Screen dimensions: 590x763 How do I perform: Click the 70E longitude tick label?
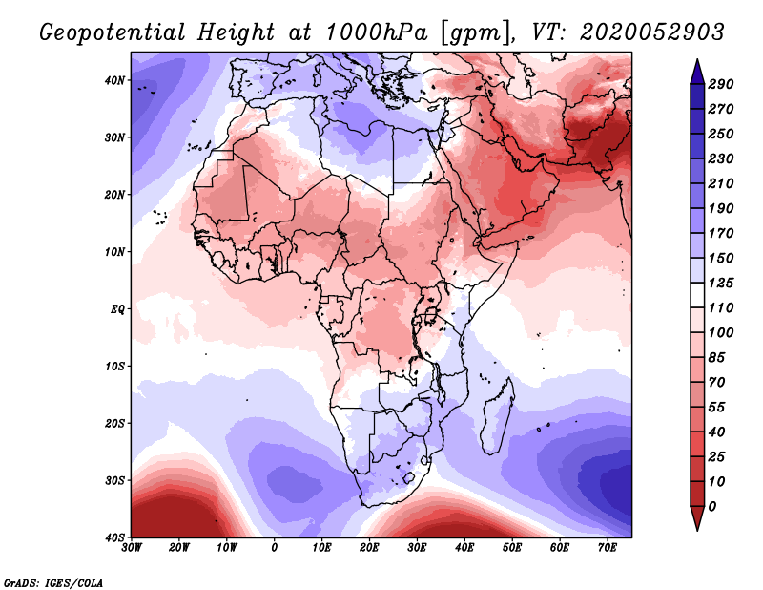point(607,547)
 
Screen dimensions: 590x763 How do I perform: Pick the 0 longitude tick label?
point(275,547)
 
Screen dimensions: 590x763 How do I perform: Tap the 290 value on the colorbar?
point(721,85)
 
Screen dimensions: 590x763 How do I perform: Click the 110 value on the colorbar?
point(721,308)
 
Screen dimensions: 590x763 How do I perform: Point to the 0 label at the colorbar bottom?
point(713,506)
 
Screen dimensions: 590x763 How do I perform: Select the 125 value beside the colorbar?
point(721,284)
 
